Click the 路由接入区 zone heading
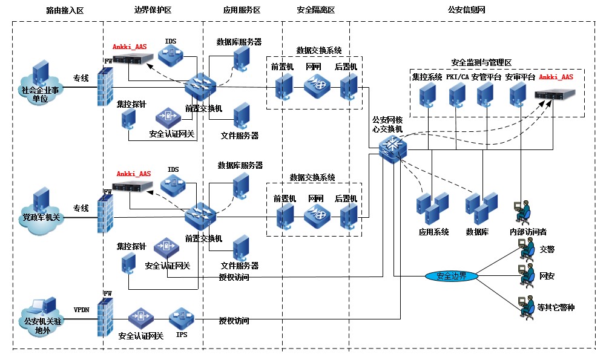[x=65, y=11]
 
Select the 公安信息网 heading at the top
[x=466, y=11]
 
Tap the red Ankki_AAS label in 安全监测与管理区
[x=556, y=77]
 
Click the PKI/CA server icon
[x=457, y=94]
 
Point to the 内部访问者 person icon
[x=522, y=211]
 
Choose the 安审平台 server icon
[x=518, y=94]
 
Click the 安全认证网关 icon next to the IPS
[x=141, y=316]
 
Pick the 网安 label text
[x=547, y=276]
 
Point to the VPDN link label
[x=81, y=309]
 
